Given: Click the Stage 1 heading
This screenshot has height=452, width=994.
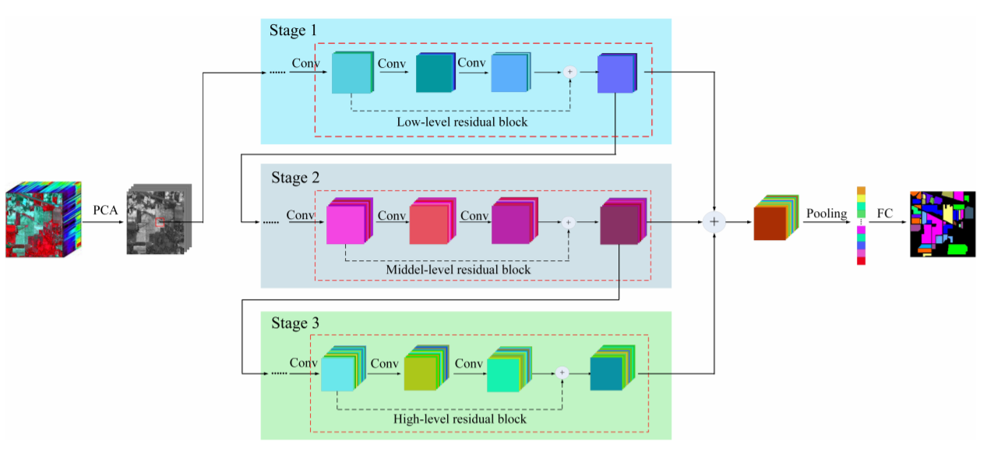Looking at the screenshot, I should (x=294, y=31).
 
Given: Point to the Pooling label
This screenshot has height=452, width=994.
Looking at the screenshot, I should (x=827, y=213).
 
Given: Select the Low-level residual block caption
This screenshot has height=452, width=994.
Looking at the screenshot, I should (x=462, y=122).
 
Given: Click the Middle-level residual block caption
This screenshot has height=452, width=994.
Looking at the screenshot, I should (x=458, y=270).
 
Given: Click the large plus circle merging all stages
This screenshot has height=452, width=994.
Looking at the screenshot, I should (x=714, y=222).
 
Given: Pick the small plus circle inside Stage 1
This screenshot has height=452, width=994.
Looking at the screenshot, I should (x=569, y=72).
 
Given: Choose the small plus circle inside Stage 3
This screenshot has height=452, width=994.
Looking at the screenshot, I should (x=562, y=373).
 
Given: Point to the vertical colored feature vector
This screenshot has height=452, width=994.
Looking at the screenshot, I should (x=861, y=225).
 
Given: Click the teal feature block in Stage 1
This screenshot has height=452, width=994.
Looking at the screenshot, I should (x=435, y=74).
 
